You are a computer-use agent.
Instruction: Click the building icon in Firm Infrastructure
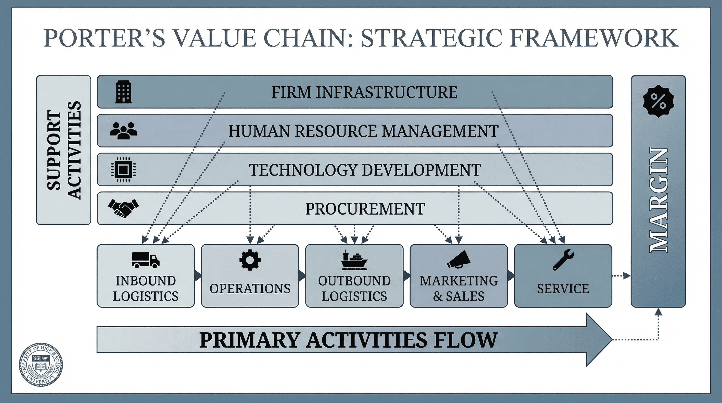point(124,92)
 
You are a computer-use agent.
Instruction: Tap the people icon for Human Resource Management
point(124,131)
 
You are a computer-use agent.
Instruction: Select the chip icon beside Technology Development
point(124,169)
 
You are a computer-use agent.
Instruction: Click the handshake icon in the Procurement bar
point(124,208)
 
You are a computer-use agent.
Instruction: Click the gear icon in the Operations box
point(250,260)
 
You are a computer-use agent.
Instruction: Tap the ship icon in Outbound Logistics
point(354,260)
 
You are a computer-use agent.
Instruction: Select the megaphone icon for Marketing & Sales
point(459,259)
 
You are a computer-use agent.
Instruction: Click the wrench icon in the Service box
point(563,260)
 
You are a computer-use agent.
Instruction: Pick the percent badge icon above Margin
point(658,101)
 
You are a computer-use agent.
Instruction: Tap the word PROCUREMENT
point(365,209)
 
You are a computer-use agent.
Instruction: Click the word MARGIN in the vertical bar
point(659,200)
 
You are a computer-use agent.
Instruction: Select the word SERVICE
point(563,289)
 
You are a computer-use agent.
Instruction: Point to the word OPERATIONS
point(250,289)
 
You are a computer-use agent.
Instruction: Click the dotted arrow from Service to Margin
point(621,276)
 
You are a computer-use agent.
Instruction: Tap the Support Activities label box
point(64,150)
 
